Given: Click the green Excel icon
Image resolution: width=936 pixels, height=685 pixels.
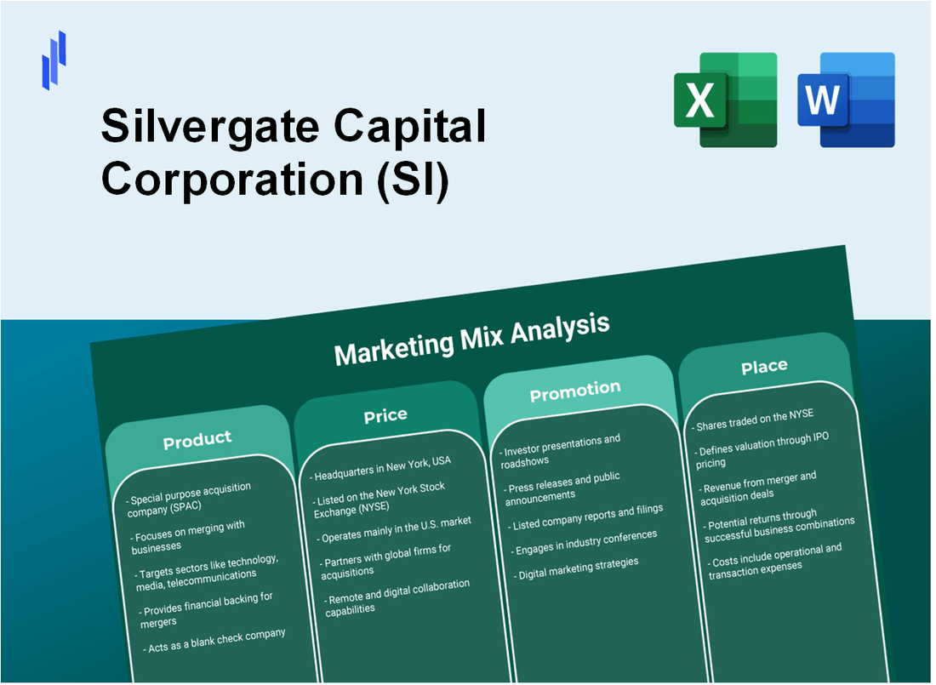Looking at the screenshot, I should tap(725, 100).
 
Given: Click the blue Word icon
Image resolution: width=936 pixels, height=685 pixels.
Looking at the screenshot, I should tap(846, 100).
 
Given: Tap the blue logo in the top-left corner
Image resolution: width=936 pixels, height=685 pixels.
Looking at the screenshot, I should tap(54, 60).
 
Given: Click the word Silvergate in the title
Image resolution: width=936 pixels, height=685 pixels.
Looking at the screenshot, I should tap(208, 128).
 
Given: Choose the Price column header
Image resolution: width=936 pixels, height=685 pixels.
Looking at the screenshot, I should tap(385, 415).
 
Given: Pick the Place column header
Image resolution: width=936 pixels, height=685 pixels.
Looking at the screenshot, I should tap(763, 366).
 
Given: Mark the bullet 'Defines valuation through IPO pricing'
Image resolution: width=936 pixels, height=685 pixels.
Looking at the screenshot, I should tap(761, 449).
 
